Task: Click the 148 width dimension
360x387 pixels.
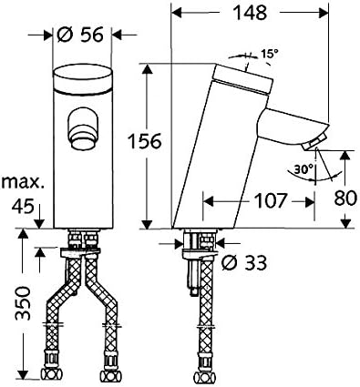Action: point(250,13)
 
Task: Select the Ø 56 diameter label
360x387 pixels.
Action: point(80,34)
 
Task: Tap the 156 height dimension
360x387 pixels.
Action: point(144,141)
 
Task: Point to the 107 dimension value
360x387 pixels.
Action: point(271,201)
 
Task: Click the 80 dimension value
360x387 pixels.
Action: point(345,199)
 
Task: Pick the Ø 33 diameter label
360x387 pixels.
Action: point(244,262)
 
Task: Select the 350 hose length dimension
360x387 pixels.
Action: point(23,303)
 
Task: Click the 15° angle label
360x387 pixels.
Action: point(269,54)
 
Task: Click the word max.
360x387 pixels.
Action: point(21,183)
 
